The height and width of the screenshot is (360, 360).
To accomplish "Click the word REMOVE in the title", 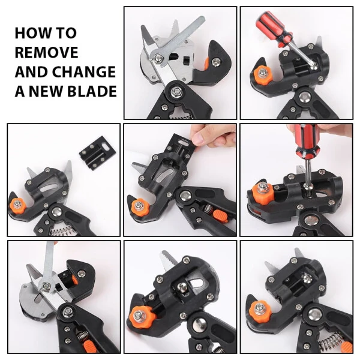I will tap(47, 52).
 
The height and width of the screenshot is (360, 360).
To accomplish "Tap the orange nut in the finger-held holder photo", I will tap(139, 208).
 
